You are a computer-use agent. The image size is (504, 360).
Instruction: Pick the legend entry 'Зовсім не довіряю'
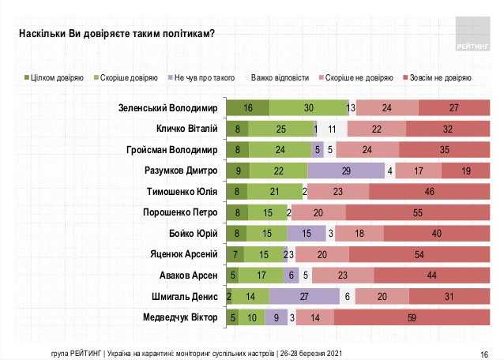tap(437, 78)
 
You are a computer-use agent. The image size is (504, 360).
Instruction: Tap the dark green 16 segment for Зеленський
tap(247, 108)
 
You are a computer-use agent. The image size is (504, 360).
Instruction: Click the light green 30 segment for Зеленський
tap(308, 108)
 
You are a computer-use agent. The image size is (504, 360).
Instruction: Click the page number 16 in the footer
tap(483, 353)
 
